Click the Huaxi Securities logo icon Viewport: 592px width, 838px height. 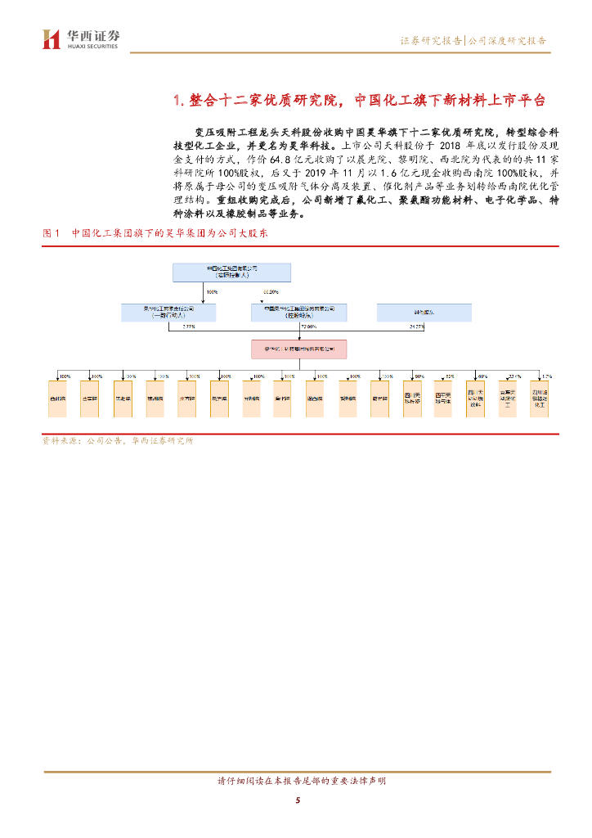tap(52, 38)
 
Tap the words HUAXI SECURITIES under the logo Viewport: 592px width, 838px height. tap(92, 47)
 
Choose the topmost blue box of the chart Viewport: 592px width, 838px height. tap(231, 272)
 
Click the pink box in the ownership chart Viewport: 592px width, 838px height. tap(298, 349)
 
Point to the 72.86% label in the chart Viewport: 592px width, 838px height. tap(308, 327)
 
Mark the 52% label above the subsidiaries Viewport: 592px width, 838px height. tap(450, 376)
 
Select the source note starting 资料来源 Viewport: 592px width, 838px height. tap(118, 441)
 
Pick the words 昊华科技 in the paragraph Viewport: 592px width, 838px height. tap(292, 145)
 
